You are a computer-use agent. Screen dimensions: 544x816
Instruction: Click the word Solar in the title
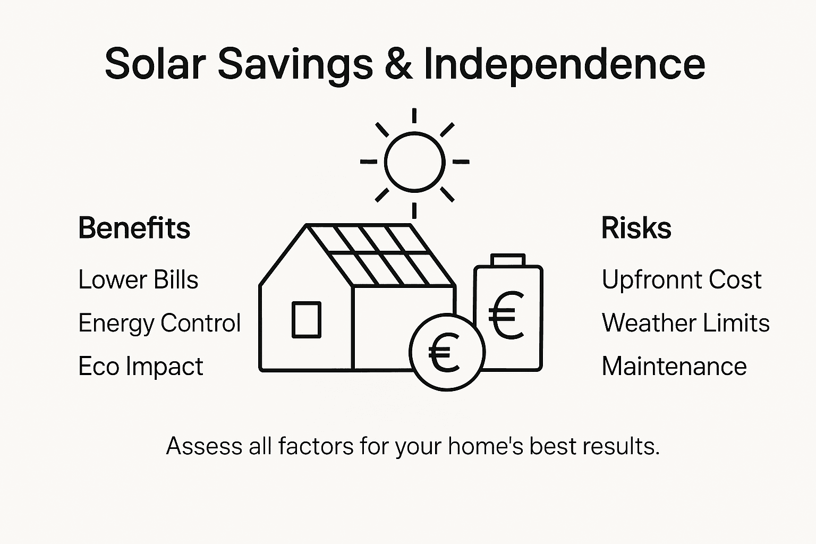tap(155, 63)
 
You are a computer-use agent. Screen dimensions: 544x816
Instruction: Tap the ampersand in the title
tap(397, 63)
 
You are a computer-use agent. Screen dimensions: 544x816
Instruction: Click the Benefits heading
tap(134, 228)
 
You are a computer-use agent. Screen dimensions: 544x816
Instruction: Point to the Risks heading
tap(636, 228)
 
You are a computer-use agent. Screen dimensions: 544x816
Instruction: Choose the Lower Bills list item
tap(138, 280)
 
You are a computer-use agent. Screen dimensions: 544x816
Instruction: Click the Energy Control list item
tap(159, 323)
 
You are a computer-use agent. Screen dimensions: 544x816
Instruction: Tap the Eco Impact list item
tap(141, 367)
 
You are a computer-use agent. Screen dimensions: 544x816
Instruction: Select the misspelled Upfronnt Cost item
tap(682, 280)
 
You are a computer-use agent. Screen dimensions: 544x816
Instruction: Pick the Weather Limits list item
tap(685, 323)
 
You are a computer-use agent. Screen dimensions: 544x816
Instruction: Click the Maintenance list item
tap(674, 367)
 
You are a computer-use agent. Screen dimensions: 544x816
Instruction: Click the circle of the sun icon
tap(414, 161)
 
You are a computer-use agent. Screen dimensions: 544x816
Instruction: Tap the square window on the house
tap(307, 320)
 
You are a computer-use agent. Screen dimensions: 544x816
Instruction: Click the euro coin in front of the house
tap(446, 352)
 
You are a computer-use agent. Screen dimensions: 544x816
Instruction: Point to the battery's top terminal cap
tap(508, 260)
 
